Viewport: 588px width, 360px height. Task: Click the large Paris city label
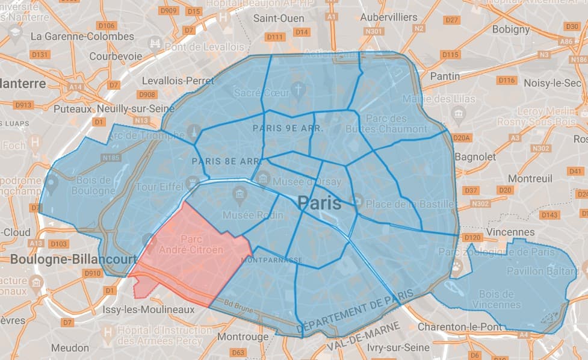(x=319, y=203)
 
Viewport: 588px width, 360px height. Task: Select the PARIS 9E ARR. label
(x=288, y=128)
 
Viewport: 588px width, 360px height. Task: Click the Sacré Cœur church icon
(x=298, y=90)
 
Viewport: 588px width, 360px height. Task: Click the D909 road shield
(x=169, y=11)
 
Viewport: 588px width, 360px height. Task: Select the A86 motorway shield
(x=566, y=42)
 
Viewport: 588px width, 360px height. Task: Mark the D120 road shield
(x=472, y=237)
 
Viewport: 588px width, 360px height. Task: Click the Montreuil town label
(x=530, y=179)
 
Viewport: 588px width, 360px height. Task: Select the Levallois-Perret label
(x=178, y=80)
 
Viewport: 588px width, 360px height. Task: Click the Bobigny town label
(x=511, y=29)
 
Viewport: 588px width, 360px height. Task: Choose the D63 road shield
(x=238, y=352)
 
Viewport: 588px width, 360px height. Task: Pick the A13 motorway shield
(x=36, y=243)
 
